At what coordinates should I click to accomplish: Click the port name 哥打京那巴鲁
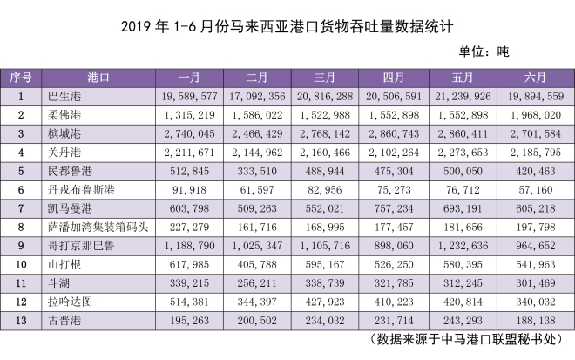point(84,245)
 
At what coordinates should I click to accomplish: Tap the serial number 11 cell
point(20,282)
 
